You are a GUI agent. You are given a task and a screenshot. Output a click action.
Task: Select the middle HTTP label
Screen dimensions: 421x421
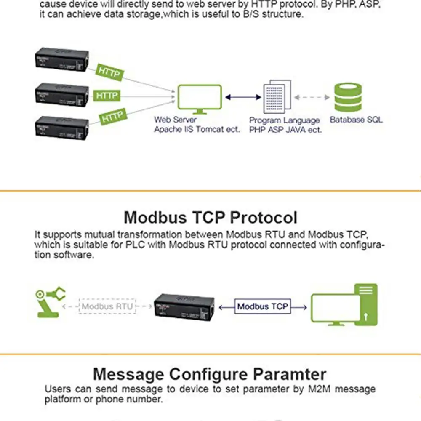[x=107, y=96]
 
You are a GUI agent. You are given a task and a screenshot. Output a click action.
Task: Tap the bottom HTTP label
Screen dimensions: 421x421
[x=112, y=117]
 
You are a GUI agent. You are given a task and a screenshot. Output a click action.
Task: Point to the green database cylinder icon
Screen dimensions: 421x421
[x=347, y=97]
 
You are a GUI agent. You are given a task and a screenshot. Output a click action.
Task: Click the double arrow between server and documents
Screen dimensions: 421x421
[x=243, y=97]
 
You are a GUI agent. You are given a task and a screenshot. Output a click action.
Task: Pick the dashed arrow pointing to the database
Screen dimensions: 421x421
[x=312, y=97]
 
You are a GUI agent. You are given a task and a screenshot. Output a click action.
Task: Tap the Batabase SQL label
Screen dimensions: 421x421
[x=356, y=120]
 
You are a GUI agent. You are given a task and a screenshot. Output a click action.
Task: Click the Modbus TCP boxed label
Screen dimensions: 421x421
[x=263, y=306]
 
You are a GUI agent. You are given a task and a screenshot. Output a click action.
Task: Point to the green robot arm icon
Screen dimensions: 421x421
[x=50, y=301]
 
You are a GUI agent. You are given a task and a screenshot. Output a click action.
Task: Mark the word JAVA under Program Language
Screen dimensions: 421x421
[x=297, y=130]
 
